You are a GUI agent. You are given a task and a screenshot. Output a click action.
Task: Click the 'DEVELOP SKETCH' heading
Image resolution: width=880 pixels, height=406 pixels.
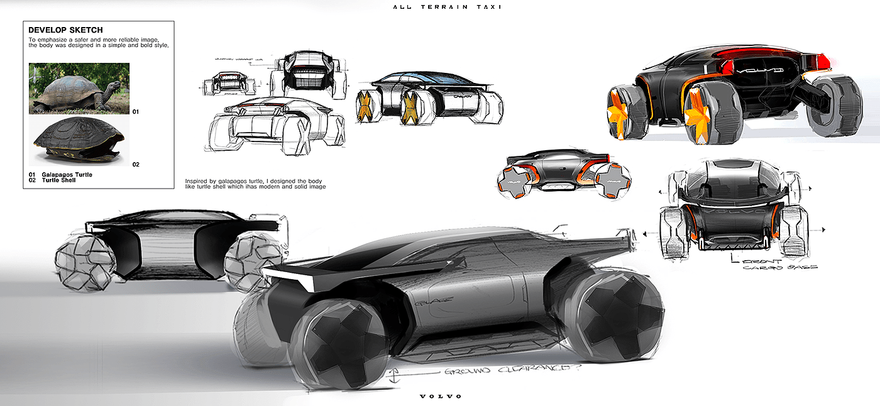coord(65,30)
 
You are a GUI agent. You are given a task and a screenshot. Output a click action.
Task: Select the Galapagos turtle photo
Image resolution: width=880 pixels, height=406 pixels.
coord(79,88)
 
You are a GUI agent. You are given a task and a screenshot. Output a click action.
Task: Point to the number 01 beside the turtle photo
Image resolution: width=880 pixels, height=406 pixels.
coord(135,111)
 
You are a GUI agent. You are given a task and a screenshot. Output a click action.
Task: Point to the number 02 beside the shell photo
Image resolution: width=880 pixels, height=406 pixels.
coord(135,165)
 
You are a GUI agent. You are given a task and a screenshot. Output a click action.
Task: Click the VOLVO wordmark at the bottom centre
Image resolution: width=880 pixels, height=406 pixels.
coord(441,396)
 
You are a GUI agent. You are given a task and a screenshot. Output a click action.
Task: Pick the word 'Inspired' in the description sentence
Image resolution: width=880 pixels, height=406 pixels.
coord(197,180)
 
